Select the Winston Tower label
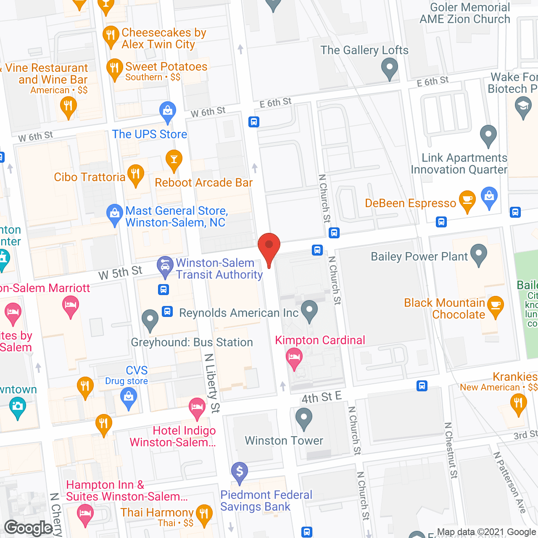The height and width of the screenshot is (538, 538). [x=284, y=440]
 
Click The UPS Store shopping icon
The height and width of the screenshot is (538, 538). [x=168, y=111]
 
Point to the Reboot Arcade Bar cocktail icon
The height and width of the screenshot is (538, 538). [x=174, y=160]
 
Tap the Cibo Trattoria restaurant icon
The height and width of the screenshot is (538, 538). [x=135, y=174]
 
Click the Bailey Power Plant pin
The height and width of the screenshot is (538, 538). [x=479, y=254]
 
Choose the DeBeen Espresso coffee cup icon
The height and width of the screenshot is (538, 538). [x=467, y=200]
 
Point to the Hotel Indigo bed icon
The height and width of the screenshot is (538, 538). [x=197, y=408]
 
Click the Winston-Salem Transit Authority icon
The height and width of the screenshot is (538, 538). [x=165, y=266]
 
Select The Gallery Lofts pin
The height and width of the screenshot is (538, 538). [x=390, y=68]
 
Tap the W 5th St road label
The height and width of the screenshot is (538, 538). [x=120, y=273]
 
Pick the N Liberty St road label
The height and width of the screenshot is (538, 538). [x=212, y=382]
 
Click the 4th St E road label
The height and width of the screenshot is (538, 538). [x=322, y=397]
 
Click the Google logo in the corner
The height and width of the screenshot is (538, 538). [x=29, y=528]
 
